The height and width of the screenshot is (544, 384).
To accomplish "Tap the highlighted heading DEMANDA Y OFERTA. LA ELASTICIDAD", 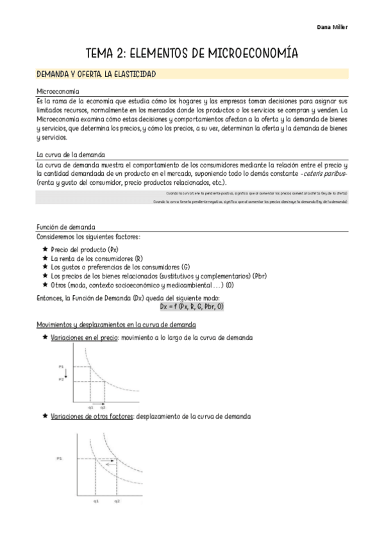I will [96, 74].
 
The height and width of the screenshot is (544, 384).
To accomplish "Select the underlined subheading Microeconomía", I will [58, 92].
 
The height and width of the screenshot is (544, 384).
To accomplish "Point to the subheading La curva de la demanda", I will [71, 155].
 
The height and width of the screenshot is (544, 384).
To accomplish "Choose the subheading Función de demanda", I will [66, 227].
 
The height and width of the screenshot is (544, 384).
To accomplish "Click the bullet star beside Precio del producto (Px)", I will [44, 249].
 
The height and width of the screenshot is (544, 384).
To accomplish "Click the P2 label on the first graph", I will [62, 380].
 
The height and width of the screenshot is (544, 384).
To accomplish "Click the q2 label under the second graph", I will [117, 500].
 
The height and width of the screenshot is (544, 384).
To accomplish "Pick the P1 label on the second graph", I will [59, 459].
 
